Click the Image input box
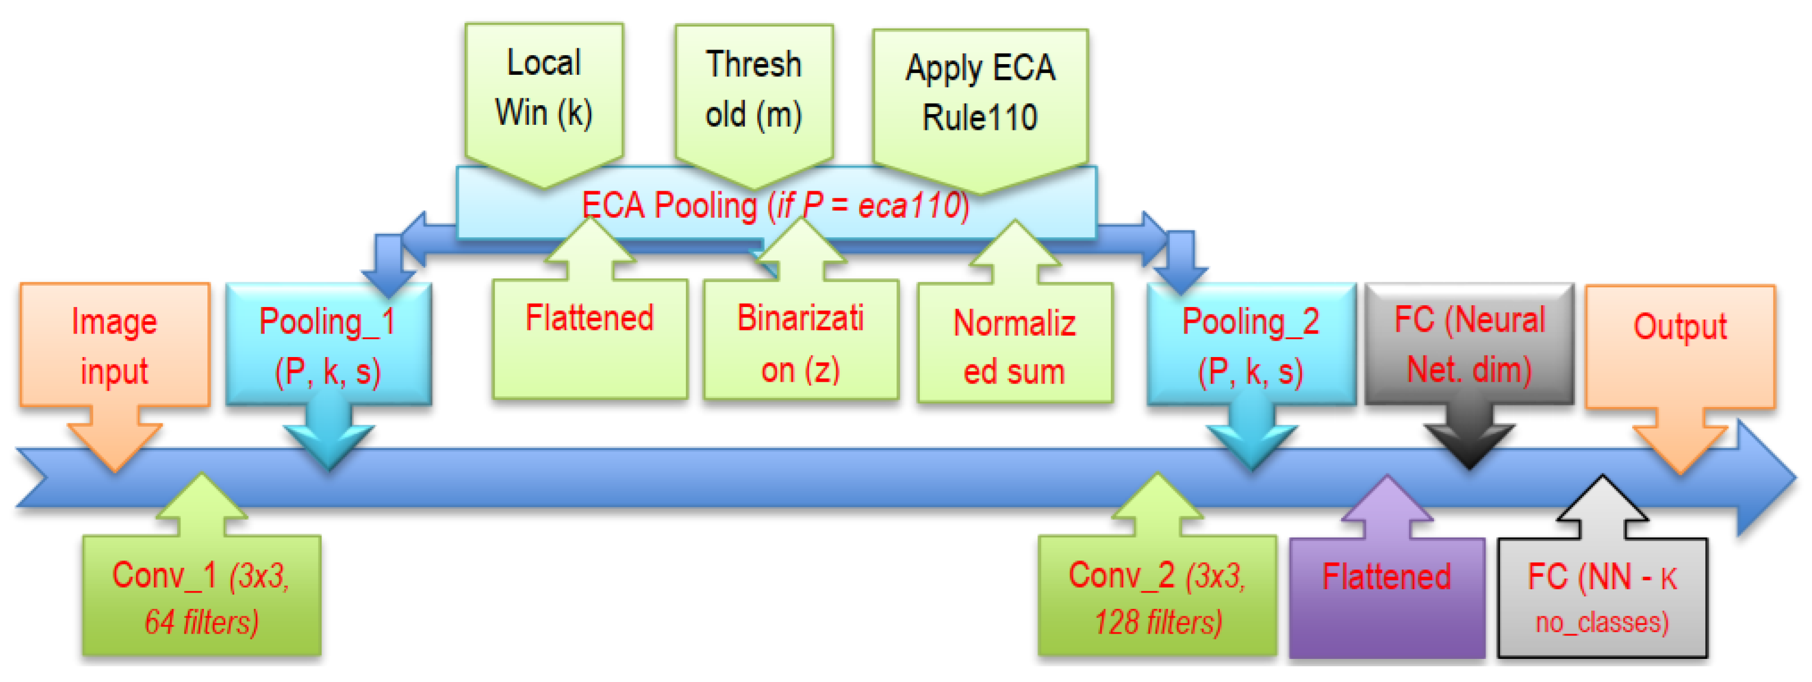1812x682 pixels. (x=115, y=345)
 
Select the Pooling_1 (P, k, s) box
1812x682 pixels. (x=328, y=345)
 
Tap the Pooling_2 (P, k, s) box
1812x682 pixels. (x=1251, y=345)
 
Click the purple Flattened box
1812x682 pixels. (x=1387, y=598)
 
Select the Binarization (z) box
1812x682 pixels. (x=801, y=341)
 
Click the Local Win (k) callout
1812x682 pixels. (x=544, y=88)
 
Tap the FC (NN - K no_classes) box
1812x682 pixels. (x=1602, y=598)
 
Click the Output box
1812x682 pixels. (x=1680, y=345)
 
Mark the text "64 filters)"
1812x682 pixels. (x=201, y=622)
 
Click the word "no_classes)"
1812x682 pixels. (x=1602, y=623)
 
